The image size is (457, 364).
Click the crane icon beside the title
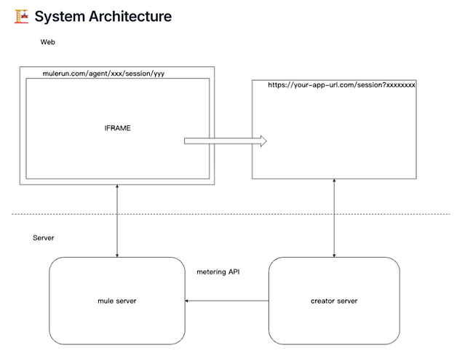(x=21, y=15)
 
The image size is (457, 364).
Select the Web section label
(x=48, y=42)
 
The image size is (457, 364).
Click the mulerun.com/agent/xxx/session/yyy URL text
(x=108, y=74)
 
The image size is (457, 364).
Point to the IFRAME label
(x=117, y=127)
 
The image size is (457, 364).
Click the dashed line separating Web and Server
(x=228, y=214)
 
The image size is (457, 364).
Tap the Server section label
(x=44, y=238)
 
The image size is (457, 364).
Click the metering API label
(x=218, y=272)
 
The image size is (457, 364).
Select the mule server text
(x=117, y=301)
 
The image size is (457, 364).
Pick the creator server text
(x=334, y=301)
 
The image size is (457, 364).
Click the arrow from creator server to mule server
(x=226, y=300)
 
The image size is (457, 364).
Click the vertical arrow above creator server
(x=334, y=217)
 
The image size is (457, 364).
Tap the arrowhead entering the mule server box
(x=188, y=300)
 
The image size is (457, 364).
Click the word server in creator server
(x=346, y=301)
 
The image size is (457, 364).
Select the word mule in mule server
(x=106, y=301)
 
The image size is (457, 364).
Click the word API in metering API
(x=233, y=272)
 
